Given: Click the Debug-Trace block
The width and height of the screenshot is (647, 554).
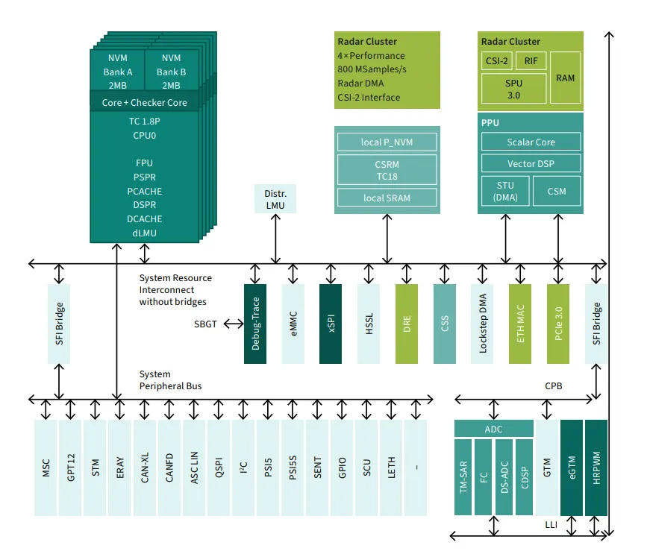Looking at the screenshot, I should tap(255, 324).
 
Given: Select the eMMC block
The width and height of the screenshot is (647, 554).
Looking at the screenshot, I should tap(293, 324).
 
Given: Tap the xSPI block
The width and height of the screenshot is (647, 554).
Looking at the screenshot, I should tap(331, 324).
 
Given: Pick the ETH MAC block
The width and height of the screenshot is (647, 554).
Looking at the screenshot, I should tap(520, 324).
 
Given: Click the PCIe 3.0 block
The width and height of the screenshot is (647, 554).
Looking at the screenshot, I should tap(558, 324).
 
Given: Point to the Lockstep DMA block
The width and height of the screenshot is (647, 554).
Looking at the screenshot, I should tap(482, 324).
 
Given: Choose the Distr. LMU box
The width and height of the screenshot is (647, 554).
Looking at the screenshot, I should tap(275, 200).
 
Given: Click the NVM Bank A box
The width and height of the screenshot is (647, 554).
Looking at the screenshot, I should tap(118, 72).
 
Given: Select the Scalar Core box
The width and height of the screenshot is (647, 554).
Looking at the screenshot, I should tap(531, 142).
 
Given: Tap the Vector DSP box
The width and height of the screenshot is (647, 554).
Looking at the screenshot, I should tap(531, 163).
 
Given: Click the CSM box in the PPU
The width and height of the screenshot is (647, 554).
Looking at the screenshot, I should tap(556, 191).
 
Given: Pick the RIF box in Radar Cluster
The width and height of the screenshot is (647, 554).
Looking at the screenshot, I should tap(531, 61).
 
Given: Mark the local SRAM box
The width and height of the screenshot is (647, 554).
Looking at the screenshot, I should tap(386, 197).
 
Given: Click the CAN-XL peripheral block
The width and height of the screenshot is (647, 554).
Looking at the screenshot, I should tap(145, 468).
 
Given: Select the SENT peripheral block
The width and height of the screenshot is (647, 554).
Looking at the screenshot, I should tap(318, 468).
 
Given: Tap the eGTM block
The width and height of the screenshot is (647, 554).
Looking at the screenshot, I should tap(572, 468).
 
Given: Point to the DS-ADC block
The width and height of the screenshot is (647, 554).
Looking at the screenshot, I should tap(504, 476).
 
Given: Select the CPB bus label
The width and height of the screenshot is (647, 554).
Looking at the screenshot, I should tap(553, 386).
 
